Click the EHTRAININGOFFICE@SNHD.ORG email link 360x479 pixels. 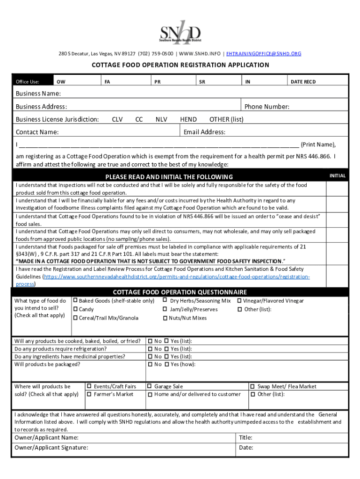(263, 53)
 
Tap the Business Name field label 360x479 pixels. (38, 94)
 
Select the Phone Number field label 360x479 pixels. (266, 107)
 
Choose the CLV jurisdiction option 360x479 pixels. (117, 119)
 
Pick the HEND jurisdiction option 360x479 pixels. (188, 119)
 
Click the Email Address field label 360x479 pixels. (204, 132)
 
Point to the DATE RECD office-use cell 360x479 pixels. (303, 82)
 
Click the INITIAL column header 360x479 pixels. (338, 176)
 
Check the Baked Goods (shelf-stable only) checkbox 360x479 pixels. (75, 301)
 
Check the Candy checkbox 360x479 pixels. (75, 310)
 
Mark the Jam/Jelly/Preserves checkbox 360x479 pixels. (165, 310)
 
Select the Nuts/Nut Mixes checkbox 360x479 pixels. (165, 318)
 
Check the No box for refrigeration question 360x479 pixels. (150, 349)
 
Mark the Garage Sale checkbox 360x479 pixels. (150, 386)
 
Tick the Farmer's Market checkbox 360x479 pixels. (89, 394)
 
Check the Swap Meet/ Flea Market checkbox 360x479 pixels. (252, 386)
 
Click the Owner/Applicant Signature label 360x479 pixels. (51, 448)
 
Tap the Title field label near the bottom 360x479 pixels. (245, 438)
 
